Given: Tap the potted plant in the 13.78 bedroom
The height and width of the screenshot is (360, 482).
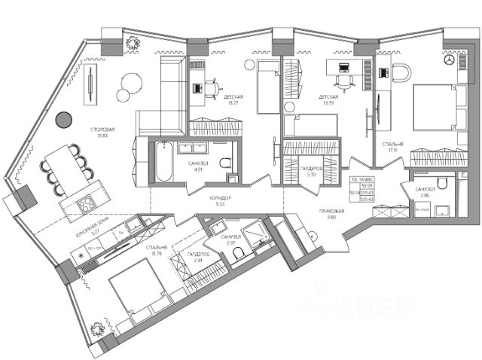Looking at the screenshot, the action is (97, 330).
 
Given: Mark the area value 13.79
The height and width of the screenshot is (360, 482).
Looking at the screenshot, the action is (328, 104).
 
